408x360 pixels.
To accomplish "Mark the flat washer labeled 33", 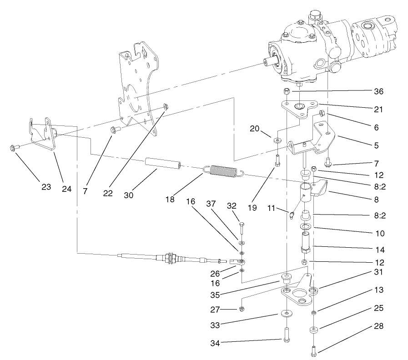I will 287,313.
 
